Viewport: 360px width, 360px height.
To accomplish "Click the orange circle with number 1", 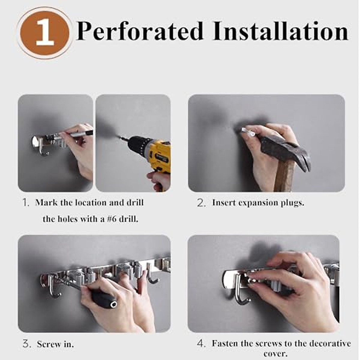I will (x=44, y=33).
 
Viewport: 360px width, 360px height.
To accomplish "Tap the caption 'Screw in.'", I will (x=55, y=344).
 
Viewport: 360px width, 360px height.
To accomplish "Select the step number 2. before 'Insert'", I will (x=201, y=203).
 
